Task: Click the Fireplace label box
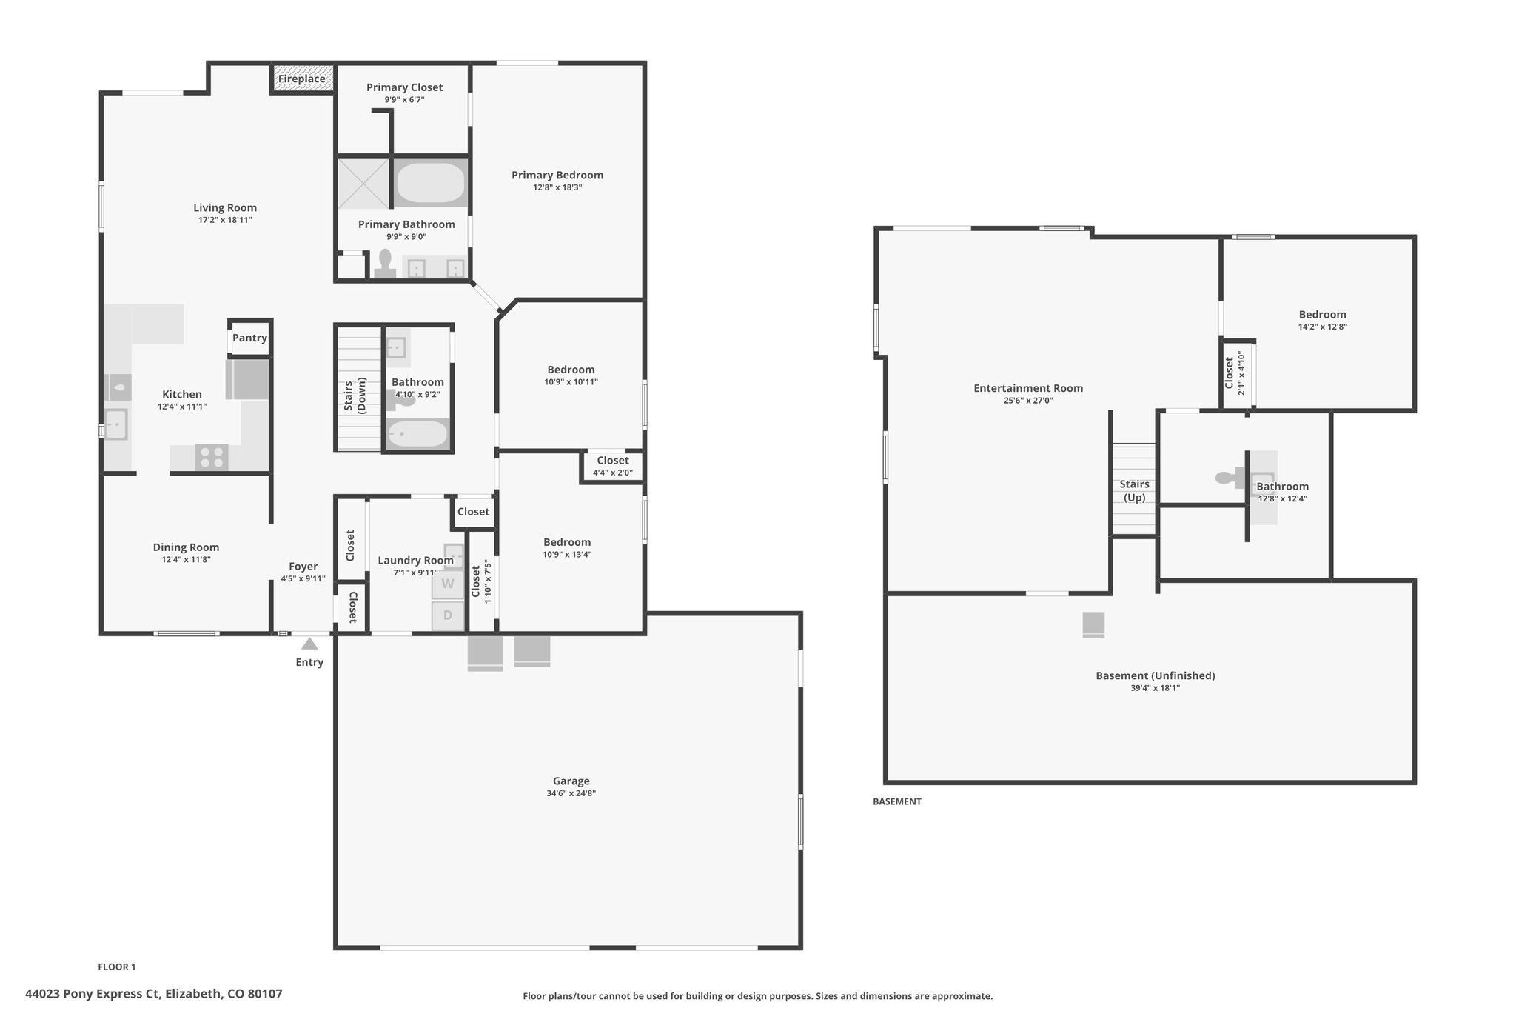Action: click(302, 79)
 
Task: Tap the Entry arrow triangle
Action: click(309, 644)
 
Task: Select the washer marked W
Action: click(448, 584)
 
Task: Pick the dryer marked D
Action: click(448, 615)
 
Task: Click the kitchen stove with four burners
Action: click(212, 457)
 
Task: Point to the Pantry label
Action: click(249, 338)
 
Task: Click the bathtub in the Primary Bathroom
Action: click(430, 183)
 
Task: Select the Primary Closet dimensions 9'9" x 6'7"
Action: click(404, 99)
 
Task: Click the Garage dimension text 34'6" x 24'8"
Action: click(571, 793)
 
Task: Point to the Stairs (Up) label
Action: click(1134, 490)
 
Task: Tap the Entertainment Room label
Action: click(1028, 388)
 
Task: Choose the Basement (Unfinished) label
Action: click(1156, 675)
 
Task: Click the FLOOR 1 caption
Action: click(117, 967)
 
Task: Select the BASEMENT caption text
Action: click(897, 801)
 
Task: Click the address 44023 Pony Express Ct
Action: click(93, 994)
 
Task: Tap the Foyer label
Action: click(303, 567)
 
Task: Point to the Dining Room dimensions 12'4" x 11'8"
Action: click(187, 560)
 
